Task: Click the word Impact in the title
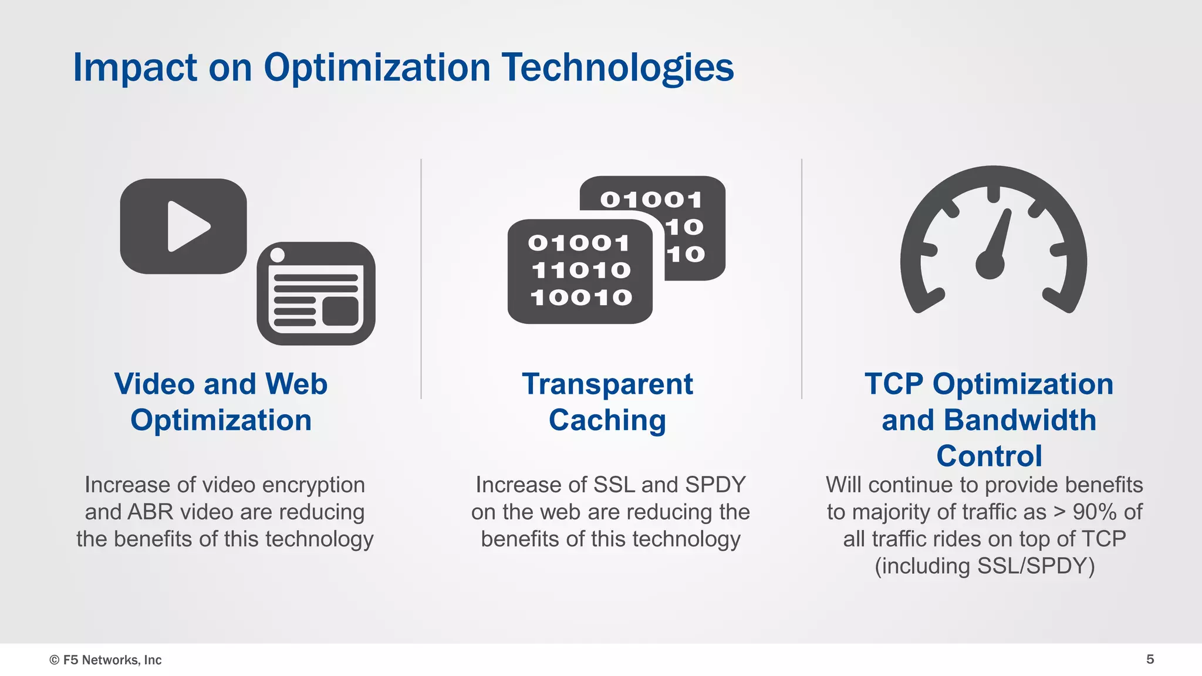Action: coord(134,67)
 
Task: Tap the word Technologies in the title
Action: coord(617,67)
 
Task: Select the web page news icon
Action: coord(316,294)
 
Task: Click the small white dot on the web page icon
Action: coord(278,255)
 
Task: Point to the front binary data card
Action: coord(580,271)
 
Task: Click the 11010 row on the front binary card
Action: coord(581,271)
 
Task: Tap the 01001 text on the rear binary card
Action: coord(650,200)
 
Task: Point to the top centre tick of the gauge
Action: coord(993,194)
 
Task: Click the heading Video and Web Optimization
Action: coord(221,402)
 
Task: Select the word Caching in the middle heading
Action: coord(607,420)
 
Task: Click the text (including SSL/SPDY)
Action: coord(984,566)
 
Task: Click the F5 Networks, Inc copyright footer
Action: coord(106,660)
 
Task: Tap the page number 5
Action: coord(1150,659)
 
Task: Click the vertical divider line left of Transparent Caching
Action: coord(421,279)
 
